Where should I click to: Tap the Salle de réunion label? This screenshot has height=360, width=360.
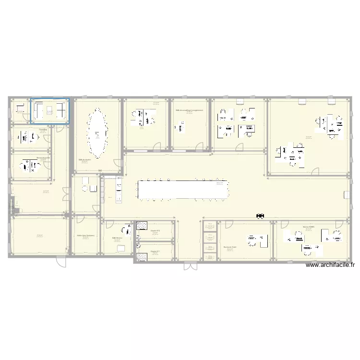click(85, 159)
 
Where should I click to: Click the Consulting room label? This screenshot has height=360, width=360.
click(43, 129)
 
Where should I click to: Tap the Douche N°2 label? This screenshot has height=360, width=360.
click(155, 231)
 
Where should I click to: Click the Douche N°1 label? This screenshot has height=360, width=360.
click(155, 251)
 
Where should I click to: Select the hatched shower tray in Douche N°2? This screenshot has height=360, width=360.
click(142, 226)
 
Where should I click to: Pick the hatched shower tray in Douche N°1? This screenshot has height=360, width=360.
click(142, 257)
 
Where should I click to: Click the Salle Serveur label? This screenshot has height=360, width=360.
click(117, 238)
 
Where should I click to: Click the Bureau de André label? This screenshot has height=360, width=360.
click(230, 247)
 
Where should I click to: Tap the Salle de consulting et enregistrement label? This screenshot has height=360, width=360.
click(189, 110)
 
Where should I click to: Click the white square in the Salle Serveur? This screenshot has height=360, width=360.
click(120, 248)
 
